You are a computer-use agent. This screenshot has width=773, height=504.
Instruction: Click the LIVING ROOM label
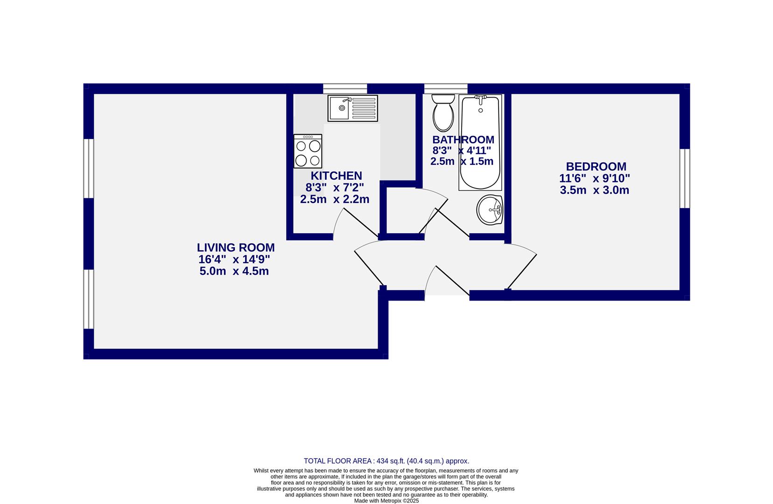pyautogui.click(x=235, y=248)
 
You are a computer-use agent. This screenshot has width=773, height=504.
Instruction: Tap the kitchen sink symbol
pyautogui.click(x=352, y=108)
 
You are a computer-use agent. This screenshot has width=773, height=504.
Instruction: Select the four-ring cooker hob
pyautogui.click(x=308, y=151)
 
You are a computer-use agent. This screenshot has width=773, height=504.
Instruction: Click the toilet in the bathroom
pyautogui.click(x=443, y=112)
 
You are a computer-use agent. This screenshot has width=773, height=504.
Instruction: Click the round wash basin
pyautogui.click(x=489, y=210)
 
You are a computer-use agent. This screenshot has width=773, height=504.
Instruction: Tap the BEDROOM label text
pyautogui.click(x=596, y=167)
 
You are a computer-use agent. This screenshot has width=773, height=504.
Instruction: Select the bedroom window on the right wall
pyautogui.click(x=684, y=178)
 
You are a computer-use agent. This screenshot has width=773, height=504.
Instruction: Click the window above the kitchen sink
pyautogui.click(x=345, y=89)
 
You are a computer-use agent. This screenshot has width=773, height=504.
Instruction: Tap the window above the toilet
pyautogui.click(x=445, y=89)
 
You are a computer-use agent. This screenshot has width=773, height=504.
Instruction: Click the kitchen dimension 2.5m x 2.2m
pyautogui.click(x=335, y=199)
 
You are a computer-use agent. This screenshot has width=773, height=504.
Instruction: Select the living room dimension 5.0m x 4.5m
pyautogui.click(x=234, y=271)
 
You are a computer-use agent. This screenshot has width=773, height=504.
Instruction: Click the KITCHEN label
pyautogui.click(x=336, y=176)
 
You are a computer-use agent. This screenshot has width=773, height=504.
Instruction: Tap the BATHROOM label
pyautogui.click(x=463, y=140)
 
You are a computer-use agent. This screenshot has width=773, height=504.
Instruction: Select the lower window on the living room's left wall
pyautogui.click(x=89, y=299)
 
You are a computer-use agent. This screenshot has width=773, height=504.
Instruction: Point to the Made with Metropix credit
pyautogui.click(x=386, y=500)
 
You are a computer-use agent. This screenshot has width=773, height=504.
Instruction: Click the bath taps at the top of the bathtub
pyautogui.click(x=480, y=98)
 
